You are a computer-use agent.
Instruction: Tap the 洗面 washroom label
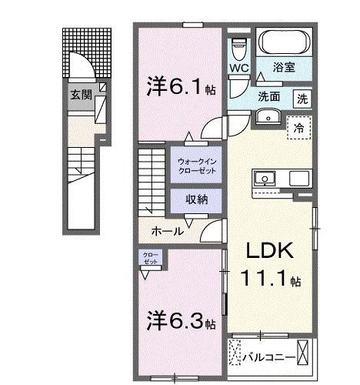tap(268, 98)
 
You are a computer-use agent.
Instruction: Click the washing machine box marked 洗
tap(303, 98)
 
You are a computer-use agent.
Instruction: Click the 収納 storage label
tap(195, 199)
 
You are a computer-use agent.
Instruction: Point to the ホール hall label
tap(167, 231)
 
